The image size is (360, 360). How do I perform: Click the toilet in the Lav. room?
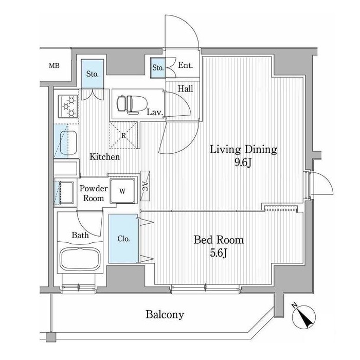(x=129, y=105)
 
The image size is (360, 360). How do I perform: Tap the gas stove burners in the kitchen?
(x=68, y=106)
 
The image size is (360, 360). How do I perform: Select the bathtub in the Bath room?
(x=80, y=259)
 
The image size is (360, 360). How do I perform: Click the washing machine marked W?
(x=122, y=191)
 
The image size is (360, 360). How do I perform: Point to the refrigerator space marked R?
(x=124, y=135)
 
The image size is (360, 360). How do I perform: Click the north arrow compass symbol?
(x=303, y=317)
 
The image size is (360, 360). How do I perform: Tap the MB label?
(x=54, y=66)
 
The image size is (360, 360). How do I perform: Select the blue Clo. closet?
(x=123, y=239)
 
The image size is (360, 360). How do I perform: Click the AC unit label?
(x=145, y=186)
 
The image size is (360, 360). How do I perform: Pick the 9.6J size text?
(x=243, y=163)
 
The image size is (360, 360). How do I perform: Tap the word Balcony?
(x=165, y=314)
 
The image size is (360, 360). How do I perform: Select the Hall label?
(x=186, y=88)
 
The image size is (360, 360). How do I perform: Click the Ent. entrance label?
(x=185, y=65)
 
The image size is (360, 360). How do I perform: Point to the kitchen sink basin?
(x=68, y=142)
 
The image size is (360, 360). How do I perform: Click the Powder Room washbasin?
(x=66, y=192)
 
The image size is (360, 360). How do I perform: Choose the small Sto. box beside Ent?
(x=158, y=68)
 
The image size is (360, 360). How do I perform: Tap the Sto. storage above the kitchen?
(x=92, y=74)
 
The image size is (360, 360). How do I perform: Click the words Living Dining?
(x=243, y=150)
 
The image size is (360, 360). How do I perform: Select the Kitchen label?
(x=105, y=157)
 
